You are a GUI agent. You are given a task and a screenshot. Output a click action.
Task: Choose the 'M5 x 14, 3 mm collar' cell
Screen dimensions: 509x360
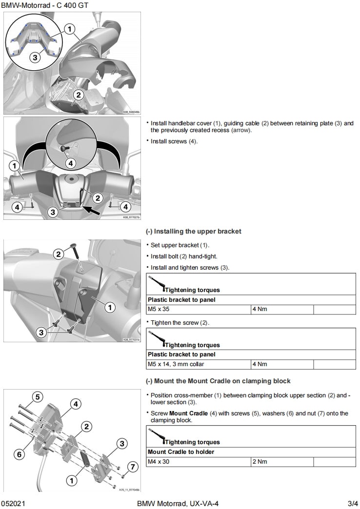click(176, 364)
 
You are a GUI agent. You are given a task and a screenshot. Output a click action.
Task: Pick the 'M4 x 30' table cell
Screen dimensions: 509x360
click(159, 462)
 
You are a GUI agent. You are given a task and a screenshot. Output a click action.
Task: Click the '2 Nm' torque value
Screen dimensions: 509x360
click(260, 462)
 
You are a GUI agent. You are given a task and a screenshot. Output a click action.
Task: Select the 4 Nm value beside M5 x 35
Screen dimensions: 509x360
click(260, 309)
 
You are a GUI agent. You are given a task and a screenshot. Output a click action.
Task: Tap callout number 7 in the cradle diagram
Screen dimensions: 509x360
click(130, 467)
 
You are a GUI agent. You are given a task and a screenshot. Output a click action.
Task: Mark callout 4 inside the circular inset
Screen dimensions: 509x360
click(70, 163)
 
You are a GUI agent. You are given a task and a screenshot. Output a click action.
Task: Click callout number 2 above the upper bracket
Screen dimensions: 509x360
click(59, 254)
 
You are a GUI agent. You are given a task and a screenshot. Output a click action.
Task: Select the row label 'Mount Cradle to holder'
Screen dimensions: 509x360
click(181, 452)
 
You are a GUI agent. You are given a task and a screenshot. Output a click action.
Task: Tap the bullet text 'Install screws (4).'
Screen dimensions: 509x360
click(174, 141)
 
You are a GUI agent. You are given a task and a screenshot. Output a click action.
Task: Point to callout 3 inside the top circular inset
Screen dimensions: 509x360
click(35, 57)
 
